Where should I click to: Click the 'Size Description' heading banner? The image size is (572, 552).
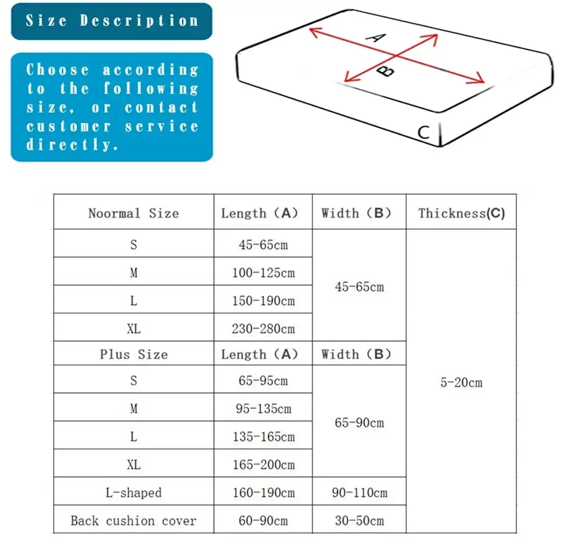coord(112,21)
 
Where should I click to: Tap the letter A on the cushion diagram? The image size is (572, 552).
coord(376,38)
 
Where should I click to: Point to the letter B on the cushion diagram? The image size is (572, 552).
coord(387,71)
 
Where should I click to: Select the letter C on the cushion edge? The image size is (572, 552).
coord(423,133)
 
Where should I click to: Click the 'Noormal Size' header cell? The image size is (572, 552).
coord(133,214)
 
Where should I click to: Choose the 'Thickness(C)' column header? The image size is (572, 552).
coord(461,214)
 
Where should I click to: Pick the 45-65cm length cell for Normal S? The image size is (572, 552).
coord(263,245)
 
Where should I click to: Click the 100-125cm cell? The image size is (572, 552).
coord(263,273)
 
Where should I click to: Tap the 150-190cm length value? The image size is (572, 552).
coord(263,301)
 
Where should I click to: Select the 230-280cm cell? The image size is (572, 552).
coord(263,329)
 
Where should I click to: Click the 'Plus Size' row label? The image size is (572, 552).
coord(133,354)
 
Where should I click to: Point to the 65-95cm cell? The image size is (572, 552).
coord(263,381)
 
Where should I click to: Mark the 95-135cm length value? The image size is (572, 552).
coord(263,409)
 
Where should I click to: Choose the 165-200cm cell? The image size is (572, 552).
coord(263,464)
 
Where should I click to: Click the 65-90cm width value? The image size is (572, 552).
coord(359,423)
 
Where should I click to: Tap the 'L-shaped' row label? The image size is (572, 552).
coord(133,492)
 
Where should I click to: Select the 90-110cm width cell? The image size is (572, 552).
coord(359,492)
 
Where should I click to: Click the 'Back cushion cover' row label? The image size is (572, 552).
coord(133,521)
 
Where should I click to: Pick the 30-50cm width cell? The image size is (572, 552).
coord(359,521)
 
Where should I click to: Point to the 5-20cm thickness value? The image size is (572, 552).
coord(461,383)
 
